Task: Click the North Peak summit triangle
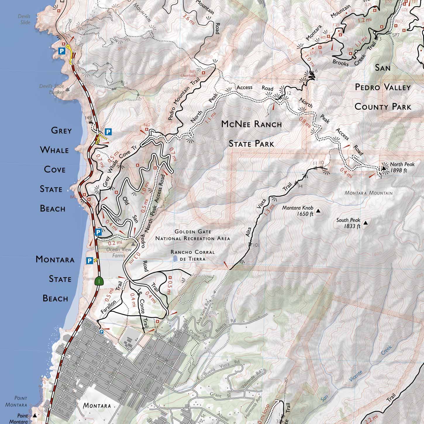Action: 383,168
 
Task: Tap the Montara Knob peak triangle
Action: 318,211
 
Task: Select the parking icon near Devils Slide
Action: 62,51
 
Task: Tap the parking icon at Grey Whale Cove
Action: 108,132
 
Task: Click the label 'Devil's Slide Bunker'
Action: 52,89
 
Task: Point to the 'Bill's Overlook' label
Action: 192,73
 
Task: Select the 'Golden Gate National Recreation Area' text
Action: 193,235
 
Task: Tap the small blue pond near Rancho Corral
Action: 175,258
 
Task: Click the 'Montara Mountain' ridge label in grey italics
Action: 368,193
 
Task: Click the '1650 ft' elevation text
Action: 305,214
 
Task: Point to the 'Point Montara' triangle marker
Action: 35,415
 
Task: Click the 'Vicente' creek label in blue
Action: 356,376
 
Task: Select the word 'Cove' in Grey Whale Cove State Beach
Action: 55,169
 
